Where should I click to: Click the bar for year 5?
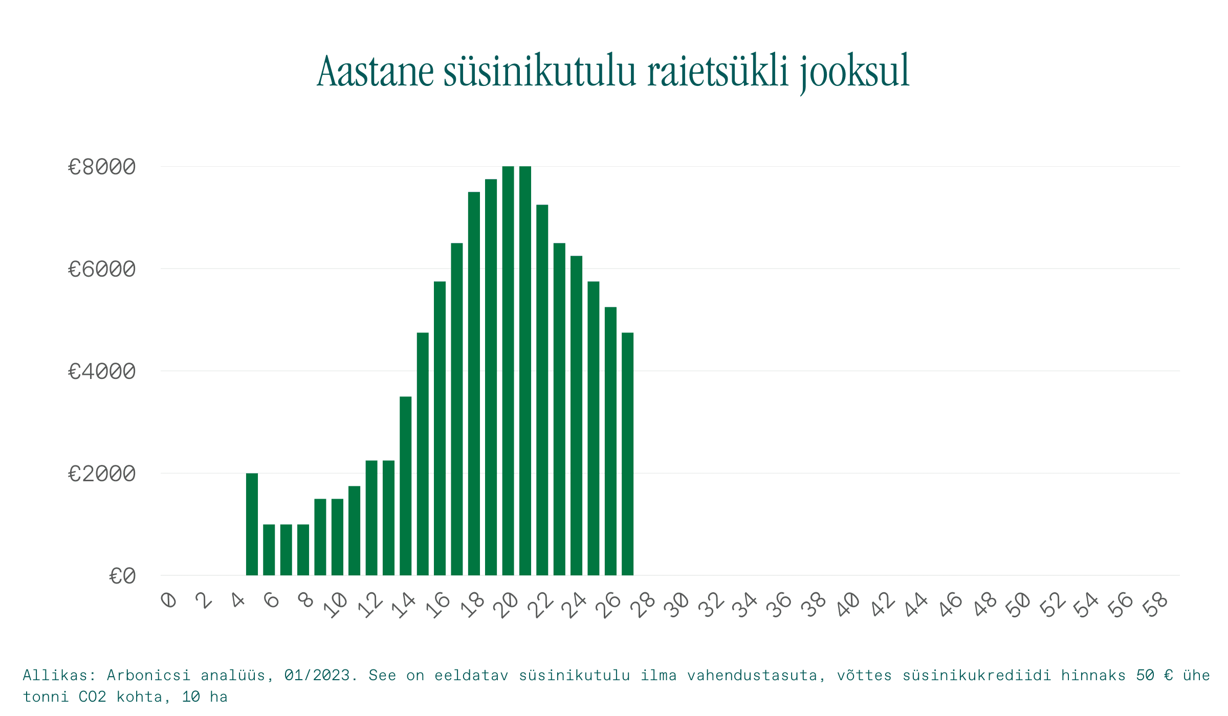point(252,524)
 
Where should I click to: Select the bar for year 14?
point(406,486)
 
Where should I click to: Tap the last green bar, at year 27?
point(628,454)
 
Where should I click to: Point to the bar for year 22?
point(542,390)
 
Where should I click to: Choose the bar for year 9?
point(320,537)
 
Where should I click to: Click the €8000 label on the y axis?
point(102,167)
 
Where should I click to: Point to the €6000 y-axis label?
point(102,269)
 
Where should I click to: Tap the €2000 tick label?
point(102,474)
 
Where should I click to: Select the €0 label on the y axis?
point(122,576)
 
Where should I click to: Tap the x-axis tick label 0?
point(169,600)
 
